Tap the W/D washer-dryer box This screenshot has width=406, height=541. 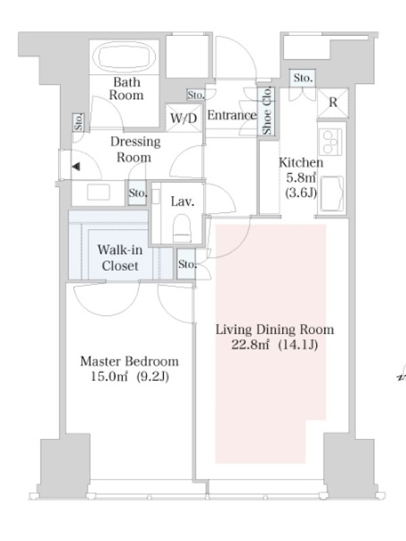point(183,117)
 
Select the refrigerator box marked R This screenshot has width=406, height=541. point(332,103)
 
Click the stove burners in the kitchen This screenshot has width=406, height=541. point(331,142)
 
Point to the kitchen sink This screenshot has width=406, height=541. point(332,193)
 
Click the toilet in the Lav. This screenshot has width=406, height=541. point(182,228)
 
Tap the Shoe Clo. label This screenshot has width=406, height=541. point(267,110)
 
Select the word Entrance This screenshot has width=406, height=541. point(232,115)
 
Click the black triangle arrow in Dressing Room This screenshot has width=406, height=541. point(76,166)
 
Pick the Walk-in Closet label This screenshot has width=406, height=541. point(120,258)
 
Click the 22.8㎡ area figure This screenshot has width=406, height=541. point(250,344)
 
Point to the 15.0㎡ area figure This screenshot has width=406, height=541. point(109,376)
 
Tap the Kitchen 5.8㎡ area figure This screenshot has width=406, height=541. point(300,178)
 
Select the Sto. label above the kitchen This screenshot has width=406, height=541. point(302,78)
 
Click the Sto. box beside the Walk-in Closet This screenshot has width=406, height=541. point(186,264)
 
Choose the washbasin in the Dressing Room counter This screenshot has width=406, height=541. point(98,192)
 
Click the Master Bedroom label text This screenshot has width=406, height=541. point(129,361)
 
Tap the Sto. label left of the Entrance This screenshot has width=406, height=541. point(196,95)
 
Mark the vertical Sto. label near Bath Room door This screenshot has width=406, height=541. point(78,122)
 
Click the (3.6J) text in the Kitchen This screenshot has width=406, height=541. point(301,193)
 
